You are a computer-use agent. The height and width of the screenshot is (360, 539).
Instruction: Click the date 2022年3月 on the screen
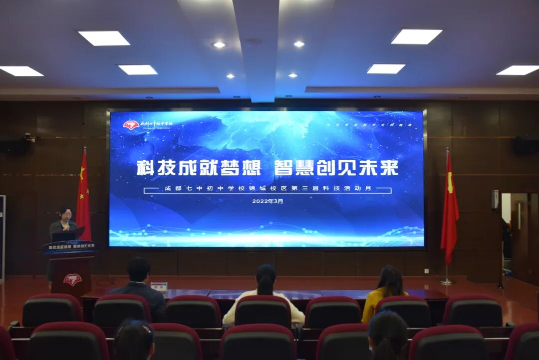pos(268,201)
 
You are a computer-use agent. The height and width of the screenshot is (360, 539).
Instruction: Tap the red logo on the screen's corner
pos(131,125)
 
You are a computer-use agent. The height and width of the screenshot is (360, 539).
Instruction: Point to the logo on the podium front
pos(72,279)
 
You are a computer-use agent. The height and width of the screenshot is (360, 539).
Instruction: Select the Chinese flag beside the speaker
pos(83,197)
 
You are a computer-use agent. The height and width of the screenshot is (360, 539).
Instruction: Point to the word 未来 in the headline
pos(379,168)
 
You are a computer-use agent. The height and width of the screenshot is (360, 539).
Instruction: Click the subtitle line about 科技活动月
pos(268,190)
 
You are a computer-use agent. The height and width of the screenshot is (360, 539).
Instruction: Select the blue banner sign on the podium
pos(69,246)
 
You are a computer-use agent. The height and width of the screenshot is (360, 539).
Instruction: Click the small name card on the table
pos(159,287)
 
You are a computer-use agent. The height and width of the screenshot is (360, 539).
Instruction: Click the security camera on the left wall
pos(28,137)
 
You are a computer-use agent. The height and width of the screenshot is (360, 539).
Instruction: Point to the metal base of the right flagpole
pos(447,282)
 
